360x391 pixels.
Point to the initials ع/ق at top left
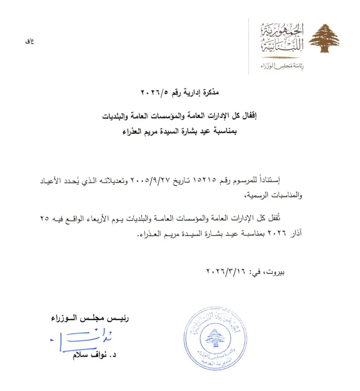click(29, 41)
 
